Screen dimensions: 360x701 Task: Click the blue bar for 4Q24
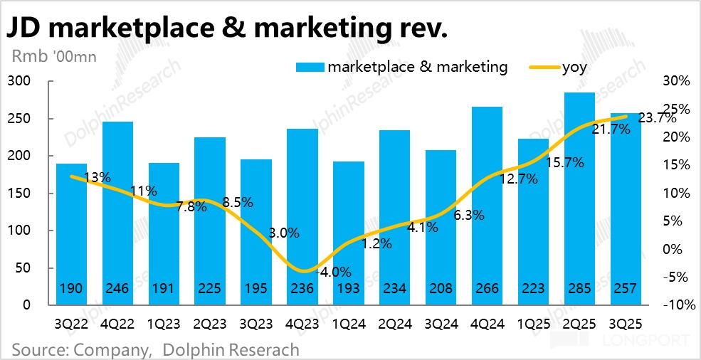click(486, 206)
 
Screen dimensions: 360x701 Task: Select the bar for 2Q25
click(579, 198)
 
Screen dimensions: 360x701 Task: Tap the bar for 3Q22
click(71, 234)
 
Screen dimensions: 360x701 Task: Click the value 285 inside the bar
click(579, 290)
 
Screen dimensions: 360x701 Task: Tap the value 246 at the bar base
click(117, 290)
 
